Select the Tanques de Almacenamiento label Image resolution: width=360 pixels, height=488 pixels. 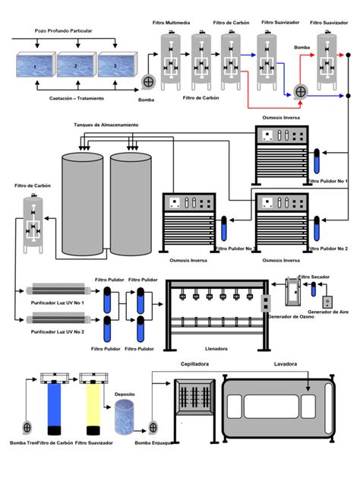pos(106,124)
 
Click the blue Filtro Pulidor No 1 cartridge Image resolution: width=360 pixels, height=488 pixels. pos(315,162)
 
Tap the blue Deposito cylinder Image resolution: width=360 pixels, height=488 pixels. pos(125,417)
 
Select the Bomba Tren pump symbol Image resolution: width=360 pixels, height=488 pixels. pos(27,426)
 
